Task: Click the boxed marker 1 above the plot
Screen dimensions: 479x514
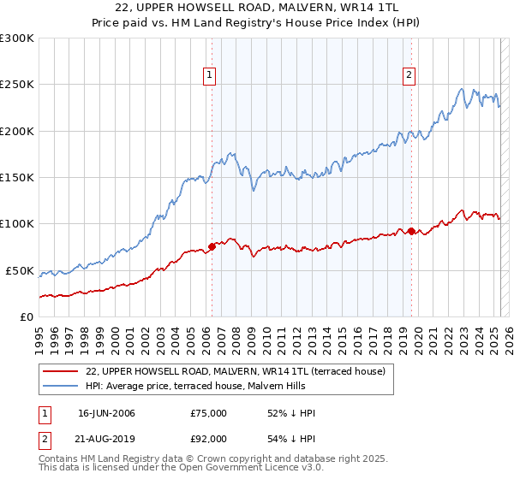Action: click(210, 75)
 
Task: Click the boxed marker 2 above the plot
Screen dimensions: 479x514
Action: click(409, 75)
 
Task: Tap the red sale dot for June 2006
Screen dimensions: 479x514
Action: click(212, 247)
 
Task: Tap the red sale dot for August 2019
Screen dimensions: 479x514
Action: click(411, 231)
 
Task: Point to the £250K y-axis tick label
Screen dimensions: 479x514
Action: click(17, 85)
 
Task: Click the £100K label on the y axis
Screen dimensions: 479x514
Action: click(17, 224)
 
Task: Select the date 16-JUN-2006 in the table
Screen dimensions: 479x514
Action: click(106, 413)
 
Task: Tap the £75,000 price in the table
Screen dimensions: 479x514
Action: click(209, 413)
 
